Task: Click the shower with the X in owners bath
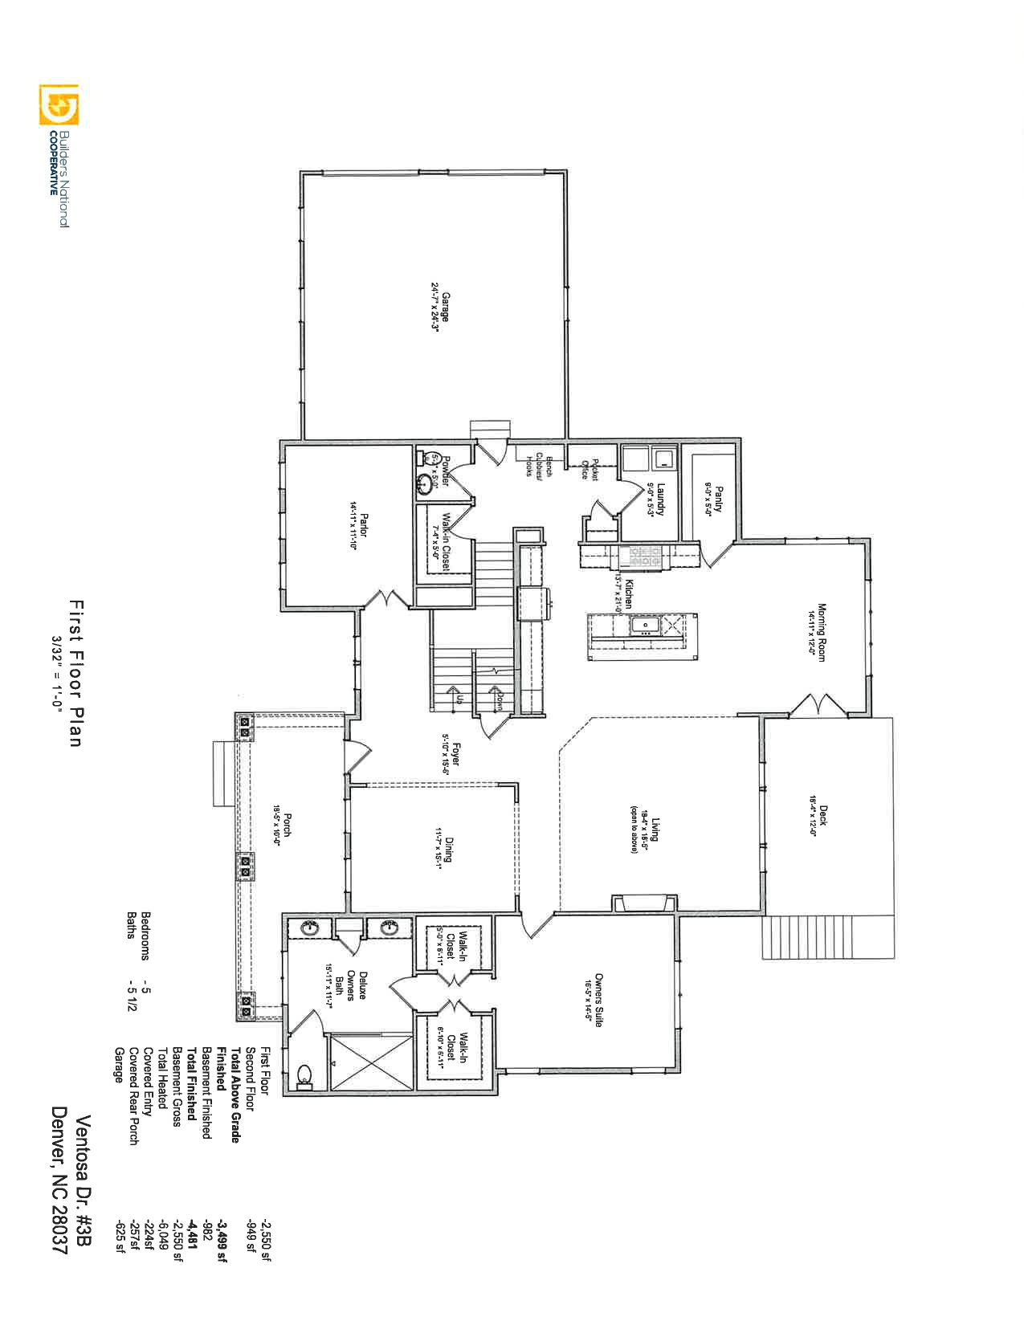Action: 370,1062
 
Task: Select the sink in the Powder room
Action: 424,484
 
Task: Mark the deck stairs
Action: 827,936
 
